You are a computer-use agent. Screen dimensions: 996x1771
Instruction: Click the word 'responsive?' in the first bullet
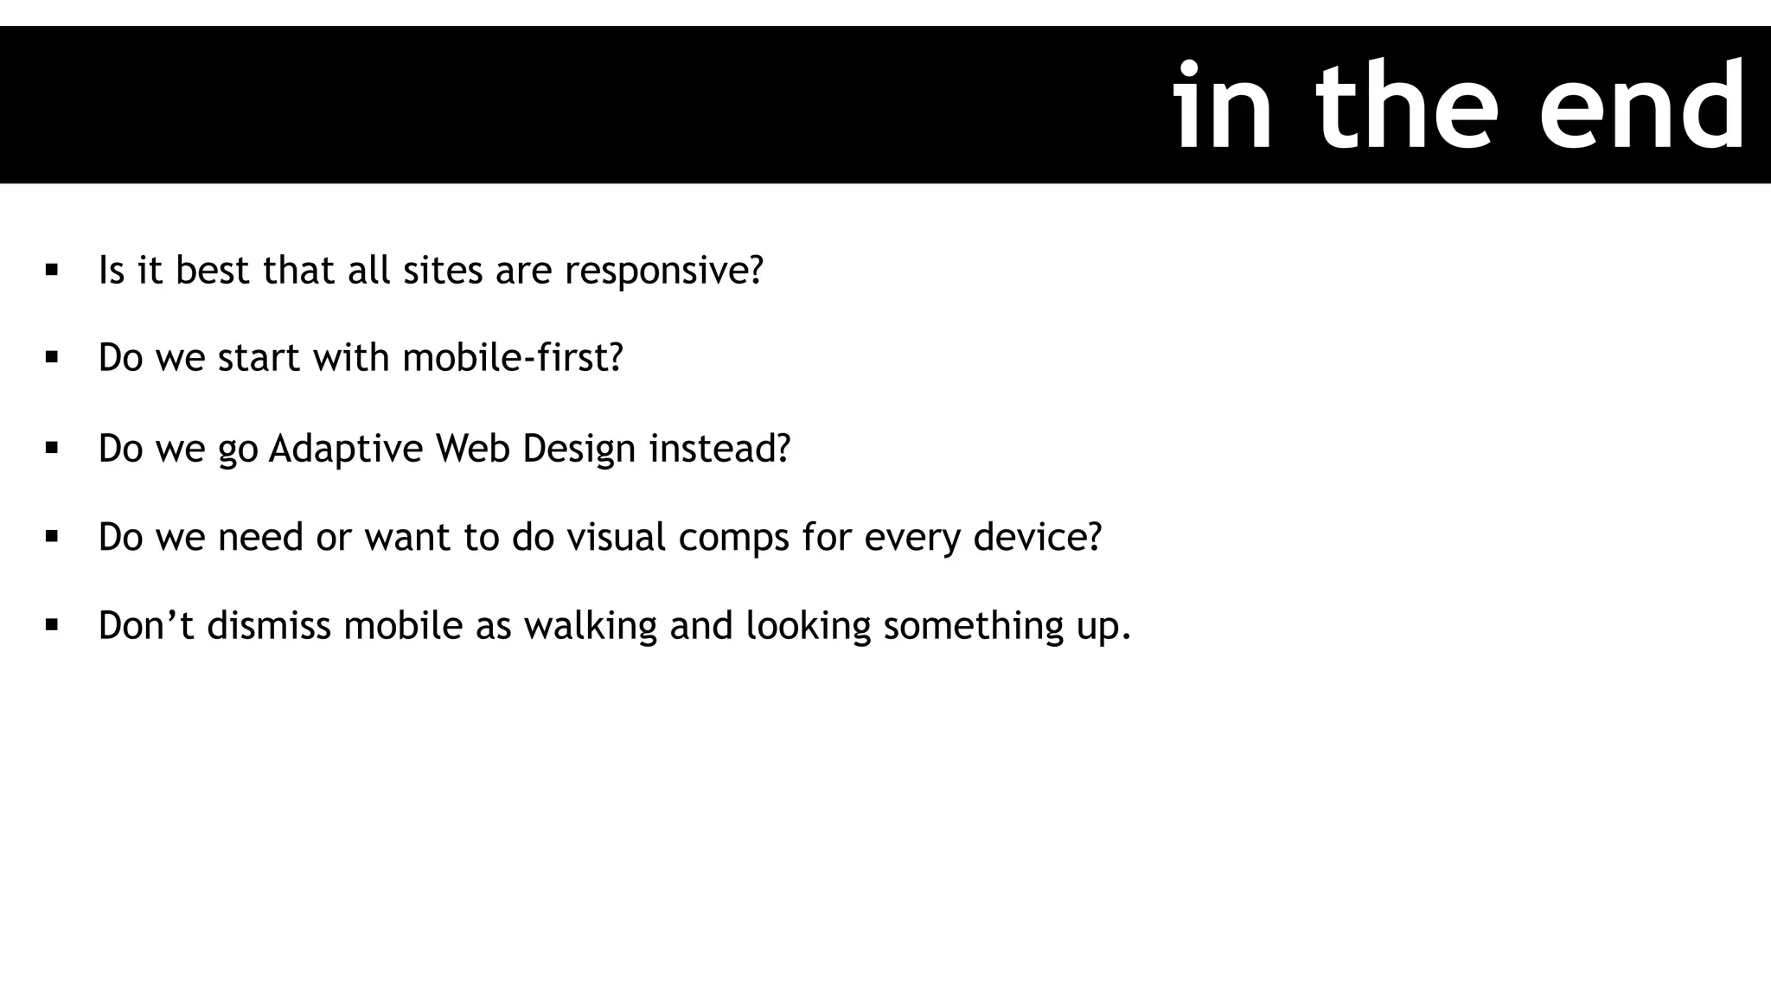pos(664,271)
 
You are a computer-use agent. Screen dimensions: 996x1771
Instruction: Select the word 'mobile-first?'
pos(513,357)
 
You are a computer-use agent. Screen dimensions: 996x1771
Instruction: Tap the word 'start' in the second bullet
pos(259,358)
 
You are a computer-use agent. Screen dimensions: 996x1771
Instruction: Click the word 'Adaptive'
pos(346,449)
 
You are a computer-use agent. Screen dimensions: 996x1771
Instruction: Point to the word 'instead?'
pos(720,448)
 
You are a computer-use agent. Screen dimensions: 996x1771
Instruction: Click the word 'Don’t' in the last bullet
pos(146,625)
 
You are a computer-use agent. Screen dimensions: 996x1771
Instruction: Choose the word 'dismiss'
pos(269,625)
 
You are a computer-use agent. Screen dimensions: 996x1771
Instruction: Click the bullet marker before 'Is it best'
pos(52,270)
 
